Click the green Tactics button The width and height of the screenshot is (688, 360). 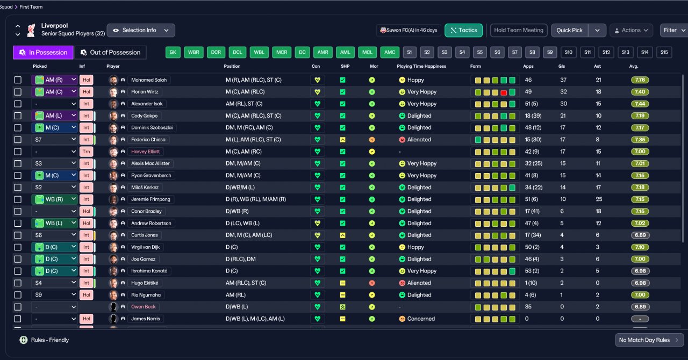click(463, 31)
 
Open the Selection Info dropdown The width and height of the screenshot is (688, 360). click(141, 31)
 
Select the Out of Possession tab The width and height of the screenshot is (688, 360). click(111, 53)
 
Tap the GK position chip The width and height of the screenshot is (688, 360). click(173, 52)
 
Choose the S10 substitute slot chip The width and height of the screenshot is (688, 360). click(568, 52)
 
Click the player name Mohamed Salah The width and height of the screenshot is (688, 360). click(149, 80)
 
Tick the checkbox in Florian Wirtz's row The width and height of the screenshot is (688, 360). click(18, 92)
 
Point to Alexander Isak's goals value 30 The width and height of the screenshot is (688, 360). click(563, 104)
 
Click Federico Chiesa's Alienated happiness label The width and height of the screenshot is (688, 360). click(419, 140)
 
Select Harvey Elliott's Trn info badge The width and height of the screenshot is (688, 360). click(87, 152)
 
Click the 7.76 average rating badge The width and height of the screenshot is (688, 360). click(640, 80)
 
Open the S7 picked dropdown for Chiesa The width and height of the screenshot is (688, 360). click(54, 140)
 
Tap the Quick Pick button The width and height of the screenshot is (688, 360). click(569, 31)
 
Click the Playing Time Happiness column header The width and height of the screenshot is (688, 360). click(421, 66)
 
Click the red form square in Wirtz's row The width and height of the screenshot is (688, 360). click(504, 92)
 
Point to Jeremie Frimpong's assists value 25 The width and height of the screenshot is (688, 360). click(599, 199)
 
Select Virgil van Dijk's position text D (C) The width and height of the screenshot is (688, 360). click(232, 247)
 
